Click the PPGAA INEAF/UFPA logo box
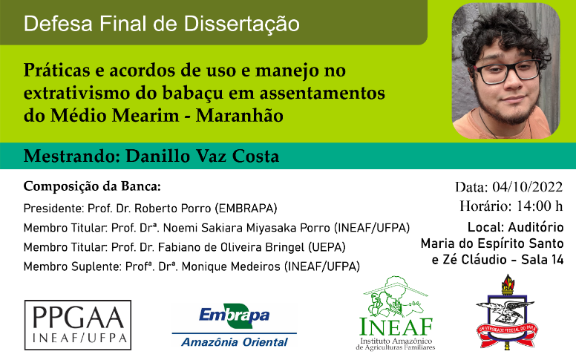click(77, 324)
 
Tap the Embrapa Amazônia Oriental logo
click(235, 326)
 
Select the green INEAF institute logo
click(396, 313)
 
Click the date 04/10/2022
click(528, 187)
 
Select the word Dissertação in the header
click(242, 24)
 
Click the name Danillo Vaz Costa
click(203, 156)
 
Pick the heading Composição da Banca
click(92, 186)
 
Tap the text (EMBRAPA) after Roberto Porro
click(246, 209)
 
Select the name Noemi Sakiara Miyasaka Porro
click(246, 228)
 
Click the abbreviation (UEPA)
click(327, 247)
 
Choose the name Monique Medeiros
click(231, 266)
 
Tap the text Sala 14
click(542, 260)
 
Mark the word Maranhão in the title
click(240, 115)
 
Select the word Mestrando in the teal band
click(72, 156)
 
